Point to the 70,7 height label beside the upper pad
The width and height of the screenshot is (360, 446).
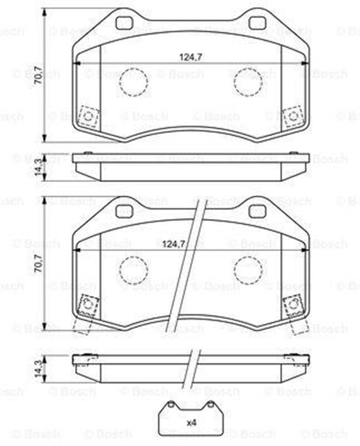tap(38, 75)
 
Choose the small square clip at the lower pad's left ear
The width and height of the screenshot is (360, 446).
tap(88, 304)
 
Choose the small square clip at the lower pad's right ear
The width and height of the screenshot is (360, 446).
tap(292, 304)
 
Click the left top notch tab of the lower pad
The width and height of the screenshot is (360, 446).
tap(126, 207)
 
